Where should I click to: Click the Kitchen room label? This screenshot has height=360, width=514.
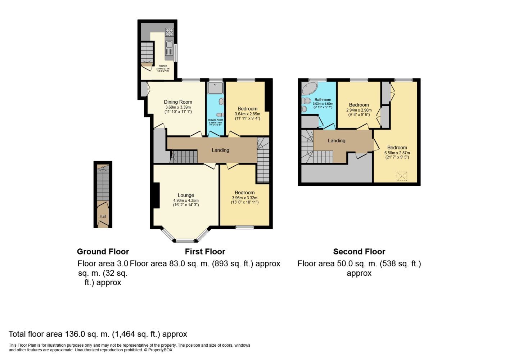(163, 66)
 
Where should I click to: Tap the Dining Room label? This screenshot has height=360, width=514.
(178, 102)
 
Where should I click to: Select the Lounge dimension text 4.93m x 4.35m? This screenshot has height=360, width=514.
(186, 201)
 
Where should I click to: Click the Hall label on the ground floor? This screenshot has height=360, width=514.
(103, 216)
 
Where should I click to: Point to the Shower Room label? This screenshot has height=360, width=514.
(215, 120)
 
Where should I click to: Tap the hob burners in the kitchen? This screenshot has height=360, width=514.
(169, 32)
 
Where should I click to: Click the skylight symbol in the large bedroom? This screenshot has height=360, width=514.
(402, 176)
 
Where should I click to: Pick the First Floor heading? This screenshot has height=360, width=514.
(205, 252)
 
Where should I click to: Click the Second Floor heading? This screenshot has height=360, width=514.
(359, 252)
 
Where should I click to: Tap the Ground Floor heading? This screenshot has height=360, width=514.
(103, 252)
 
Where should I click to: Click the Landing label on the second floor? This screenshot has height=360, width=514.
(336, 141)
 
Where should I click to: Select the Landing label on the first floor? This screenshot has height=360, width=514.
(220, 150)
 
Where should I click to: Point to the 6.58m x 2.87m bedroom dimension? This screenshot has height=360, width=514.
(397, 153)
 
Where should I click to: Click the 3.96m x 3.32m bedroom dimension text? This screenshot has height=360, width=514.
(244, 198)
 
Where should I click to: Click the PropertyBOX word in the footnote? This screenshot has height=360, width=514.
(160, 350)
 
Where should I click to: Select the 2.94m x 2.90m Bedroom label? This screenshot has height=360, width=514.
(359, 105)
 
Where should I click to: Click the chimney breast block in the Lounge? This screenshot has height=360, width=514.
(156, 195)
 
